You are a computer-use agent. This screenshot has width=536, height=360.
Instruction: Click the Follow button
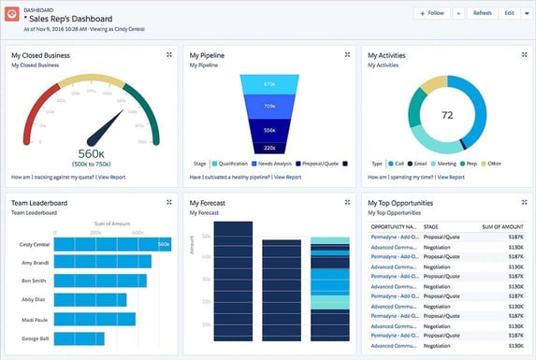[x=432, y=13]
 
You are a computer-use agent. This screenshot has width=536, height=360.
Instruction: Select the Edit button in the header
[x=509, y=13]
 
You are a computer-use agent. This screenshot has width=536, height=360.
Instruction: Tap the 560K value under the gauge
[x=91, y=154]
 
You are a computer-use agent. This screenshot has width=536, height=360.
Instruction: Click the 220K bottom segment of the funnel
[x=269, y=148]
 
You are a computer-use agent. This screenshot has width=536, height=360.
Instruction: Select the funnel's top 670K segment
[x=269, y=85]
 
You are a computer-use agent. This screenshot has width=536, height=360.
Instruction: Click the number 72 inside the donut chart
[x=447, y=115]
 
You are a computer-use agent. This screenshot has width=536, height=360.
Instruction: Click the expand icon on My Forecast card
[x=345, y=201]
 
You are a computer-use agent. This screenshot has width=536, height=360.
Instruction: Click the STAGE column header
[x=431, y=226]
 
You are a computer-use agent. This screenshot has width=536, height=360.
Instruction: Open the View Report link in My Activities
[x=451, y=176]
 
